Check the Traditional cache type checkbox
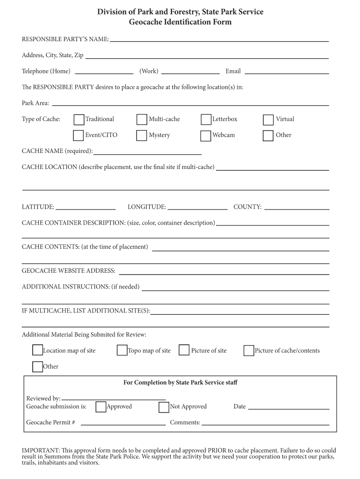[79, 120]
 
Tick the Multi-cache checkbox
[142, 120]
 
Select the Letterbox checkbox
[206, 120]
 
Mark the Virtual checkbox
[268, 120]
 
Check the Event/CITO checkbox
[79, 136]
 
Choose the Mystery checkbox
[142, 136]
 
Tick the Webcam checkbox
[206, 136]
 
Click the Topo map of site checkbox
[122, 350]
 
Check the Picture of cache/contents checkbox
[249, 350]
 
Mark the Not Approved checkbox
[164, 407]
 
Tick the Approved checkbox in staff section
[101, 407]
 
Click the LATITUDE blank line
[86, 207]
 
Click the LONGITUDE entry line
[197, 207]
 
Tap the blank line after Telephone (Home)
[104, 72]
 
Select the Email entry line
[287, 72]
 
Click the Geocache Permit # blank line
[123, 423]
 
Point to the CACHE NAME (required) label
[57, 151]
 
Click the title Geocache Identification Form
[180, 22]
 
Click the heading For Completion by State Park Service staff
[180, 383]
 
